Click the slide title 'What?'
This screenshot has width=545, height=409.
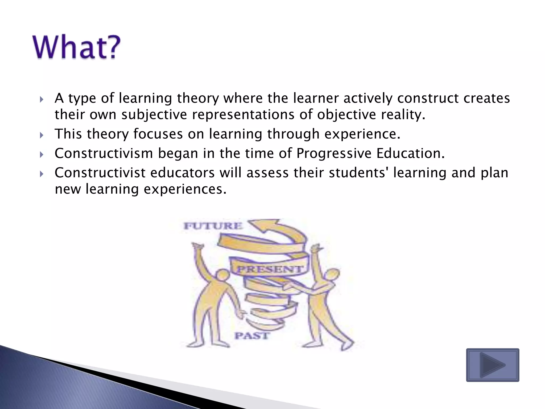[x=77, y=47]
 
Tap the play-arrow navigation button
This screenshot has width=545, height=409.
[x=493, y=365]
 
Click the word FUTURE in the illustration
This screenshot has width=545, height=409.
[x=213, y=226]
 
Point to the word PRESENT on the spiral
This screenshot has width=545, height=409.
[x=270, y=269]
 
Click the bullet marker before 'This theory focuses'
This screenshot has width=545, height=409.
[x=41, y=135]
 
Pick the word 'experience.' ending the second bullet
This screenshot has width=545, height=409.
[x=362, y=134]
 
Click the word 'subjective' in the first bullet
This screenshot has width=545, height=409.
[x=154, y=115]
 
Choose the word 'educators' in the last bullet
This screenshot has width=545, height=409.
[x=182, y=173]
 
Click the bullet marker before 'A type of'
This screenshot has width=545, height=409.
[x=41, y=100]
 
